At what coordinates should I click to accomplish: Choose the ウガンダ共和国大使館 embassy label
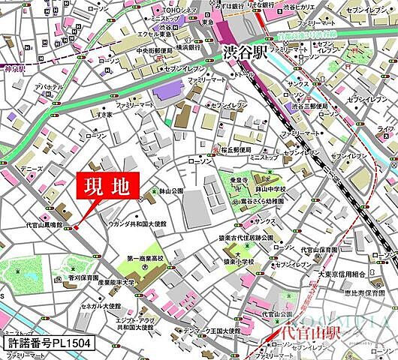[x=142, y=223]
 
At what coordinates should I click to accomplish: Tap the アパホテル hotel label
[x=50, y=86]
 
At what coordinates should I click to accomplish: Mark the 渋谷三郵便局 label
[x=306, y=107]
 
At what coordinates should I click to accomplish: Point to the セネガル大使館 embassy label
[x=102, y=306]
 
